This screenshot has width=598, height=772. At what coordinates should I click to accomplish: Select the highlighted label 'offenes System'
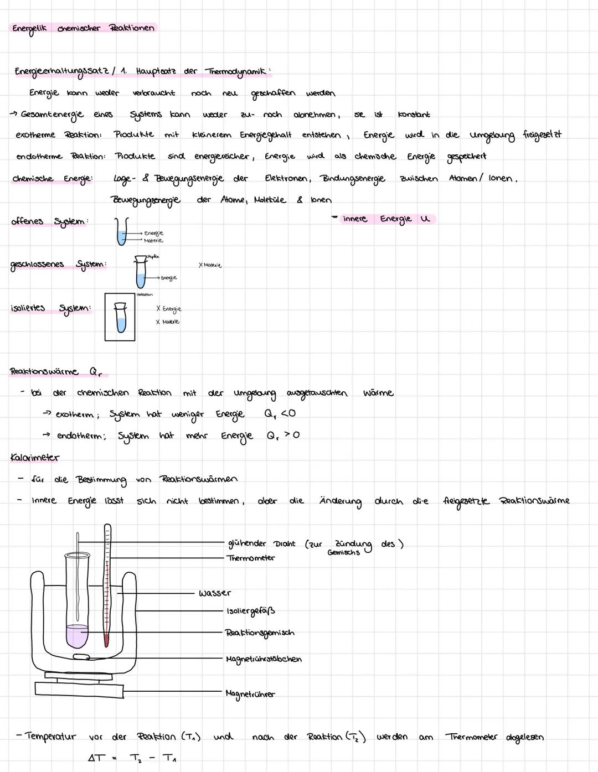(49, 221)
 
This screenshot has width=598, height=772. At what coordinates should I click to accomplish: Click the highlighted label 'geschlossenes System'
(58, 265)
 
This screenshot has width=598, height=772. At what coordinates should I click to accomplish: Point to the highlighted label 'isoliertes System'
(50, 308)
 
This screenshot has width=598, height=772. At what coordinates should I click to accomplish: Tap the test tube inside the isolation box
(120, 318)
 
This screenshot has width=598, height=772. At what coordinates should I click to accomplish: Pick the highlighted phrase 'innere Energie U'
(385, 219)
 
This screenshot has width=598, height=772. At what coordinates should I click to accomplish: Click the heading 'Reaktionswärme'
(44, 371)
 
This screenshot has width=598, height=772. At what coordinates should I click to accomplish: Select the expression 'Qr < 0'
(280, 413)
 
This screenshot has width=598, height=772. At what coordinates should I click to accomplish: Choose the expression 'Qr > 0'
(282, 435)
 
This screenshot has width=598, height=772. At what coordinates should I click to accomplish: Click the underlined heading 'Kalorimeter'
(35, 458)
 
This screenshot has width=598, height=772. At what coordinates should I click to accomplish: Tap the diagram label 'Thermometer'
(251, 558)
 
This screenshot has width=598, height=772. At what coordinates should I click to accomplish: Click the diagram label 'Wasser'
(215, 593)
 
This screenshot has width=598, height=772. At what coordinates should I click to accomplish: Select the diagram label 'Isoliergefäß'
(251, 611)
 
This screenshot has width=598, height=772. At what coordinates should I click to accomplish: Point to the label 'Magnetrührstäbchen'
(264, 659)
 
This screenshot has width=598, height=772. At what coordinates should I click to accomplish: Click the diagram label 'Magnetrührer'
(250, 694)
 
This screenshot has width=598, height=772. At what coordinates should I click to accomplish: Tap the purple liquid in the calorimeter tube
(77, 636)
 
